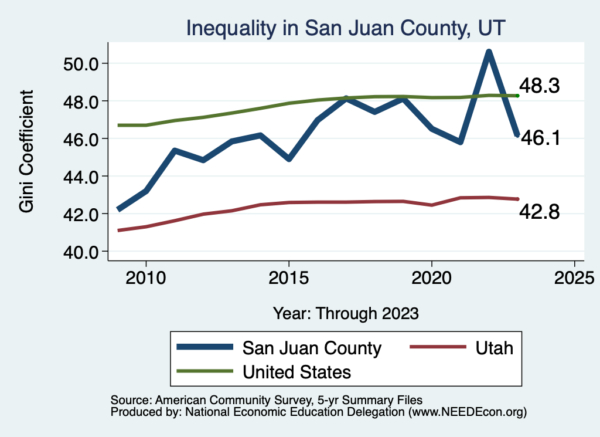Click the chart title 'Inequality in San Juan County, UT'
tap(346, 28)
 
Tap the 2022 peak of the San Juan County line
tap(489, 52)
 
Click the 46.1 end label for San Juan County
tap(540, 138)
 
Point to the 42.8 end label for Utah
tap(540, 212)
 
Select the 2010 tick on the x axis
tap(146, 276)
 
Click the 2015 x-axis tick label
tap(289, 276)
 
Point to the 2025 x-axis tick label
tap(574, 276)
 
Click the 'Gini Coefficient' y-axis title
tap(27, 151)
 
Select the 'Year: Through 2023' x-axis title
tap(346, 313)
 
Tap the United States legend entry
tap(296, 371)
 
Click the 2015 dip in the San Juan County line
tap(289, 159)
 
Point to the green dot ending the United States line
tap(517, 96)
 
